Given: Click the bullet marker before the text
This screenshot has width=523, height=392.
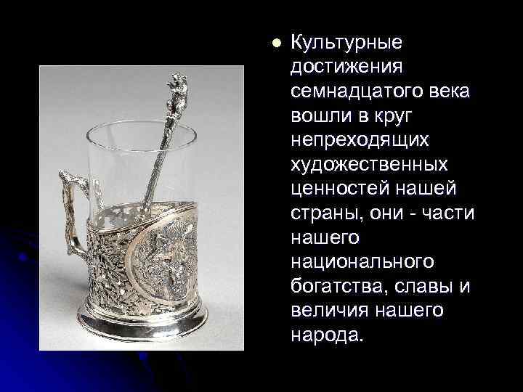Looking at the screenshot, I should point(275,44).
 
